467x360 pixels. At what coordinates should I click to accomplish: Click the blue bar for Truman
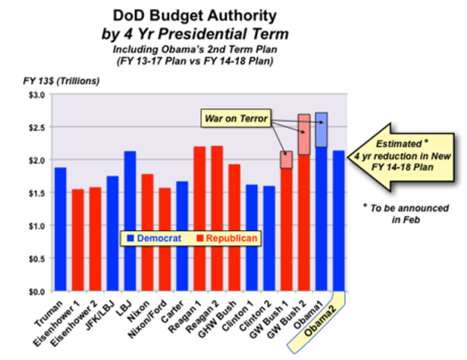(61, 229)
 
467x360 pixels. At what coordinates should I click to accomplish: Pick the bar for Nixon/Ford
(164, 239)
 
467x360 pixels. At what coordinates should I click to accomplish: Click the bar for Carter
(181, 236)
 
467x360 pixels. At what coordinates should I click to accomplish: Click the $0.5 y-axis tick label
(35, 258)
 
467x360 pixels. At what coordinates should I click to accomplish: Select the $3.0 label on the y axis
(35, 94)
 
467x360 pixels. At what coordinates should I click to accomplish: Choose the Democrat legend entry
(154, 238)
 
